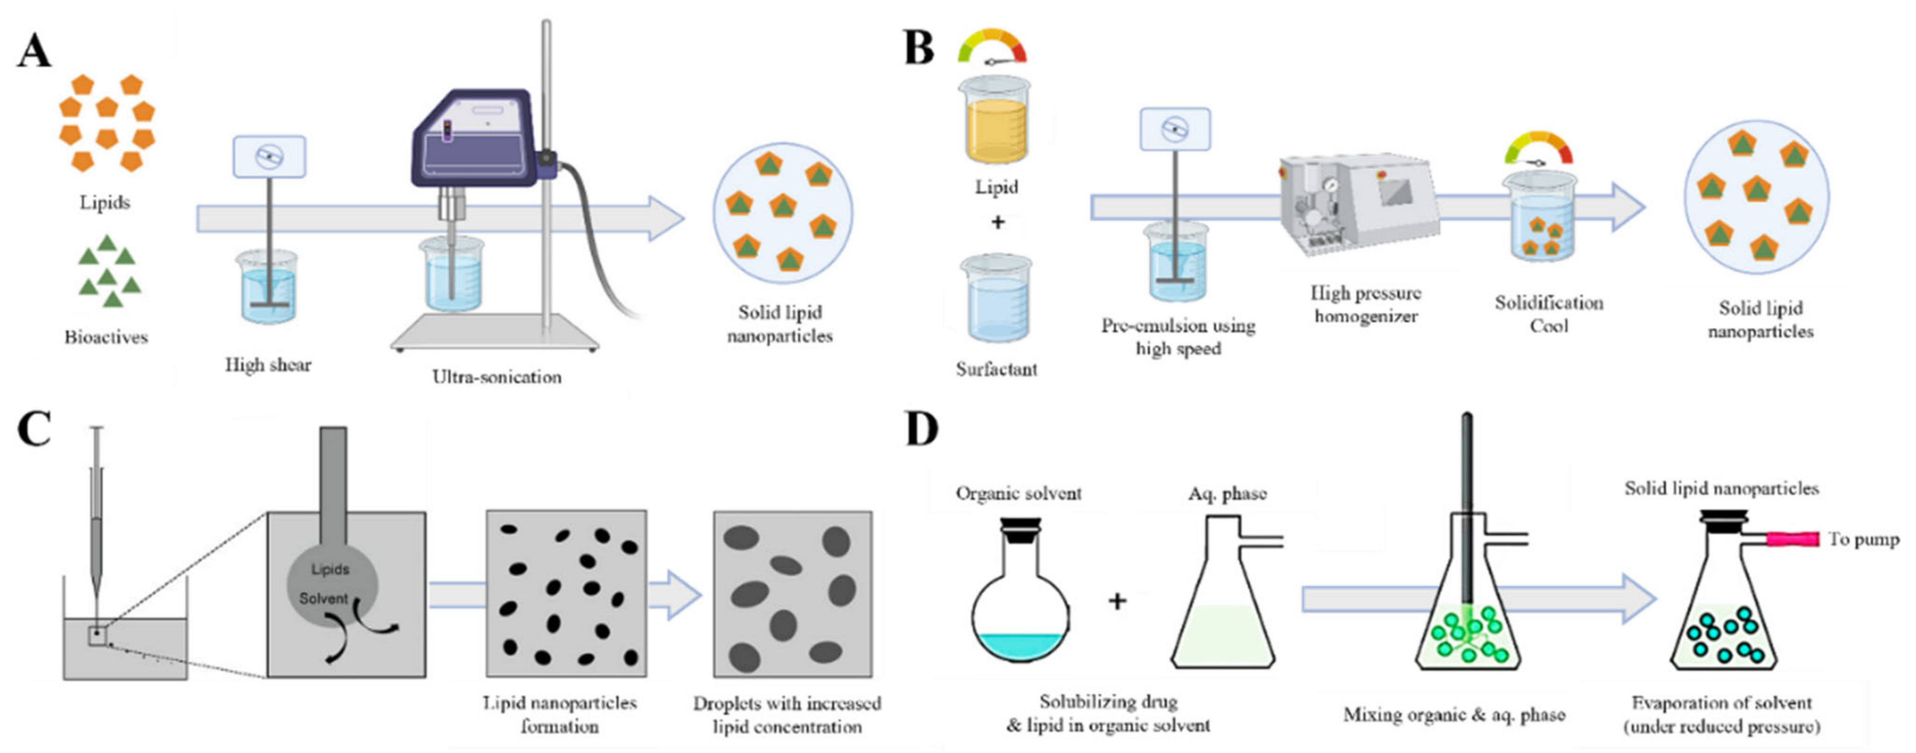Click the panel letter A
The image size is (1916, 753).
point(34,52)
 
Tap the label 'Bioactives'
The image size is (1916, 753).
point(106,338)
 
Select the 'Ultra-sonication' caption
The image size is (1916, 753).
point(497,377)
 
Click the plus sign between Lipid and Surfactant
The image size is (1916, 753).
point(998,222)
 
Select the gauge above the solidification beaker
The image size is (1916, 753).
point(1538,149)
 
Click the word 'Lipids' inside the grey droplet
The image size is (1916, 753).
point(329,569)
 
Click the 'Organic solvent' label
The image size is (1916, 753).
point(1018,493)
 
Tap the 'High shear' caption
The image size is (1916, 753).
point(268,365)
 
